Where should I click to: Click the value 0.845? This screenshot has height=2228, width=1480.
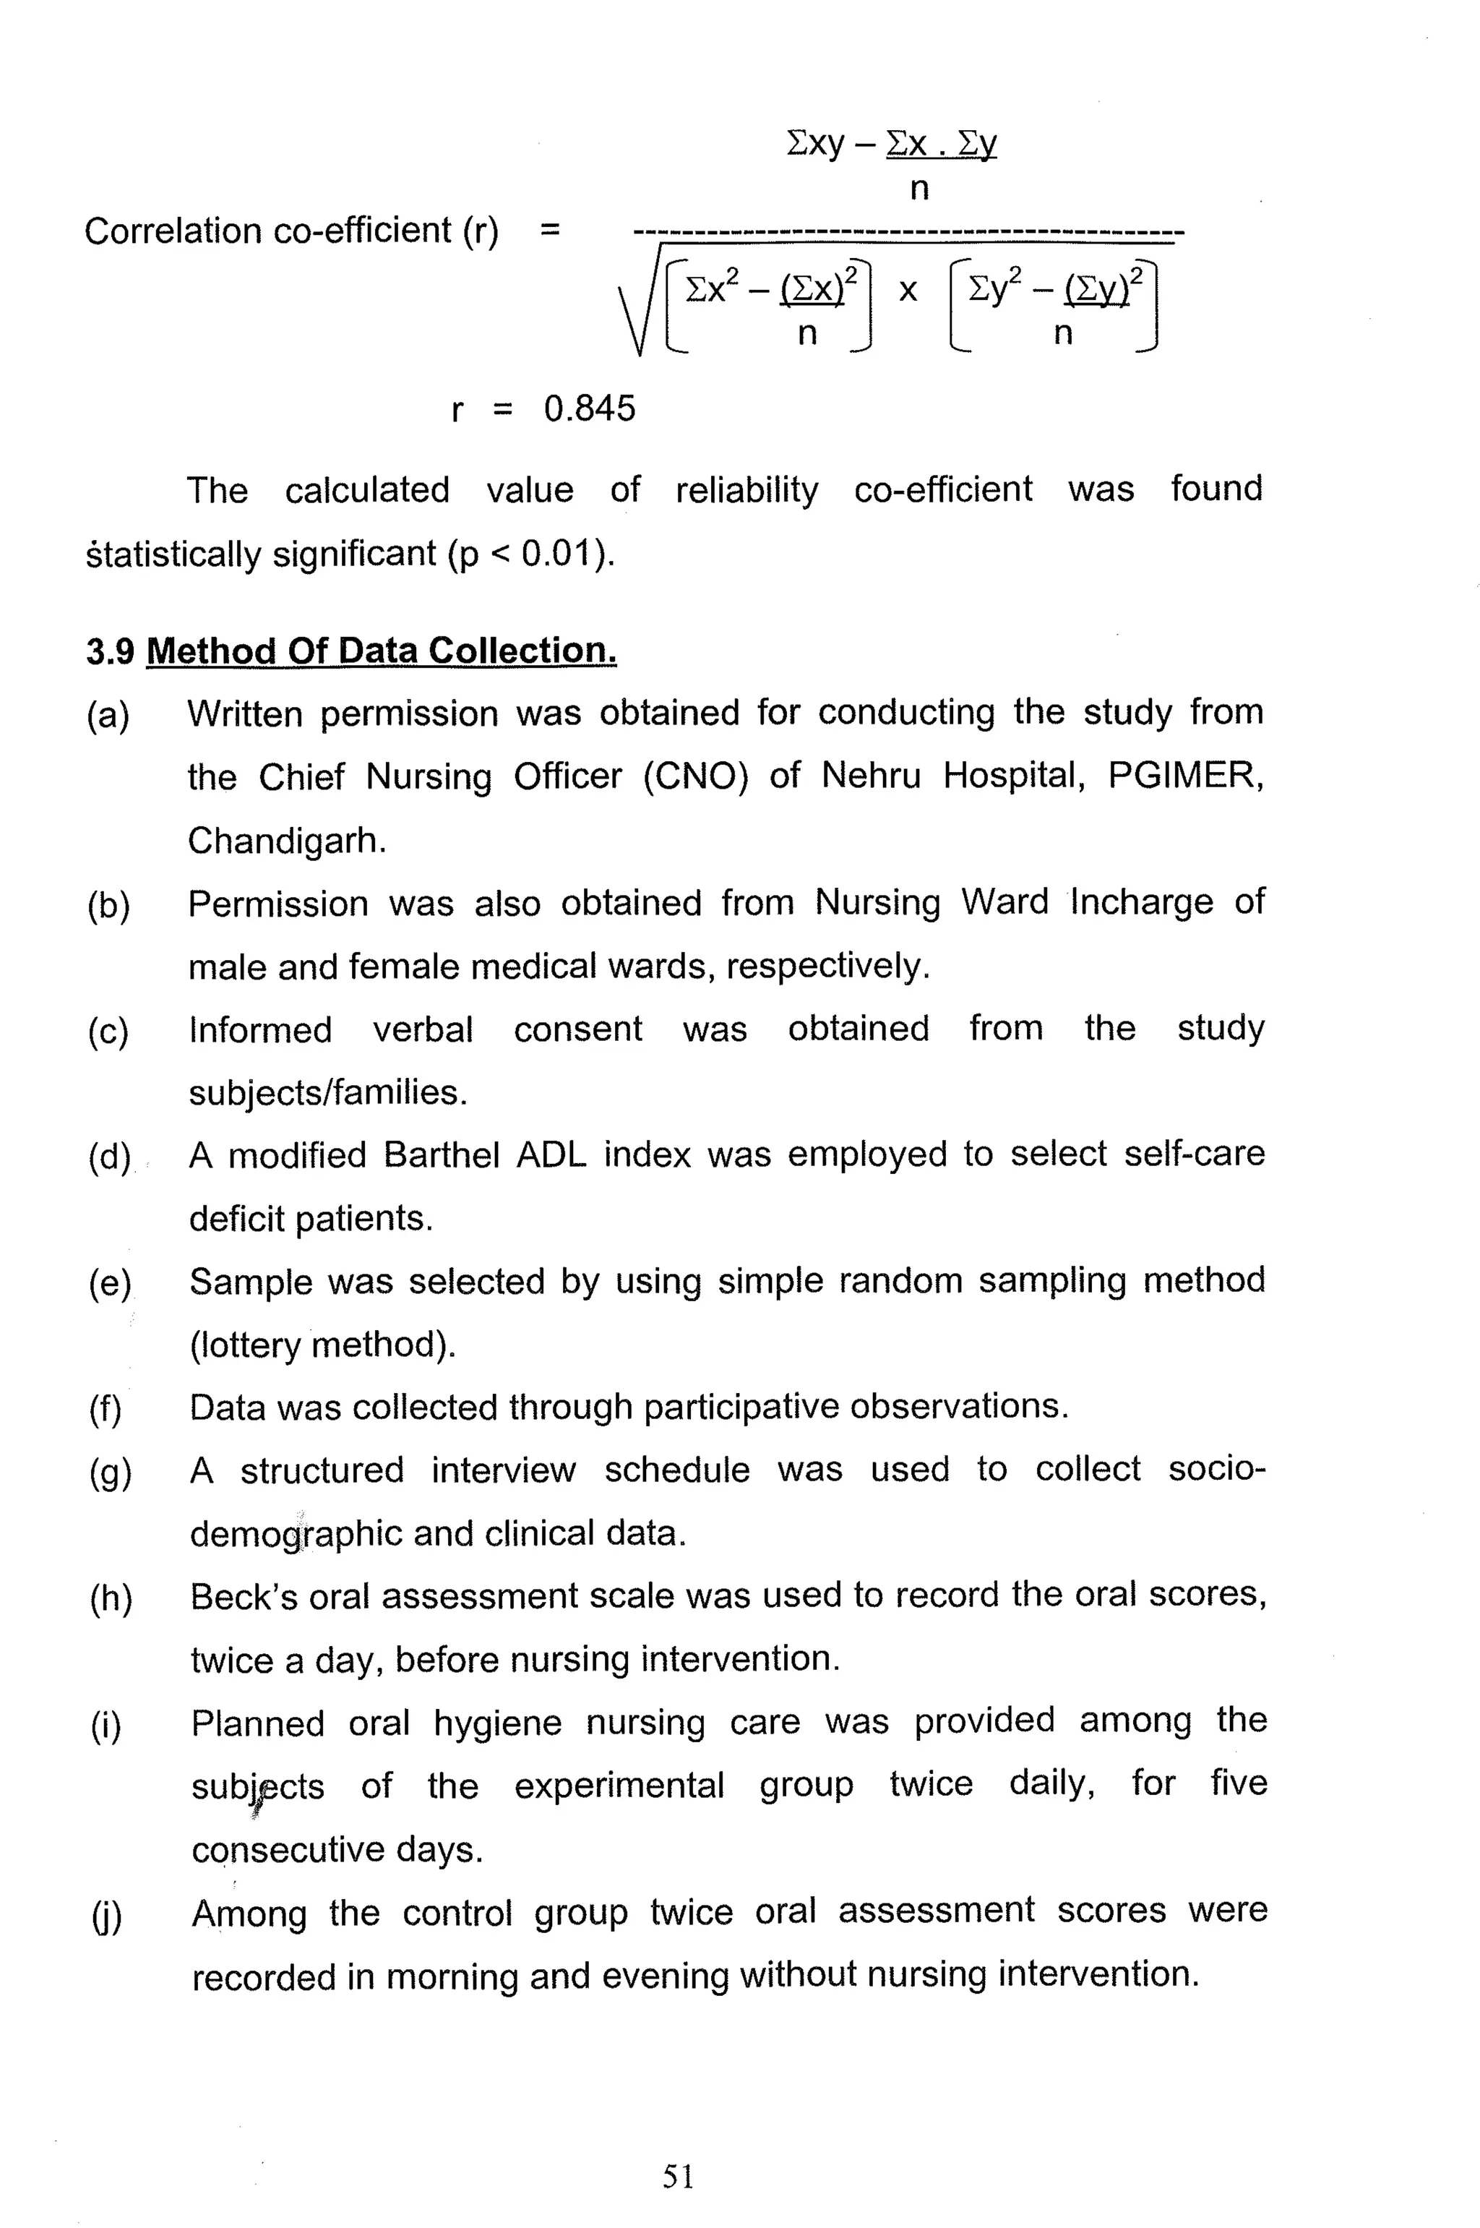589,408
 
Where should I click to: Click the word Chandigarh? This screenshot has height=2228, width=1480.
286,840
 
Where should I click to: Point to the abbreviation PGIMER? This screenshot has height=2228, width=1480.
1184,776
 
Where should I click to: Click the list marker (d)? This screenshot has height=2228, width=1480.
110,1157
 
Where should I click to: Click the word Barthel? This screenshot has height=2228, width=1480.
441,1155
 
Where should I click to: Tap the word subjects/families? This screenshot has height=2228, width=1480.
327,1093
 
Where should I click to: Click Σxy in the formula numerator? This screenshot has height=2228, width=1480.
814,144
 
